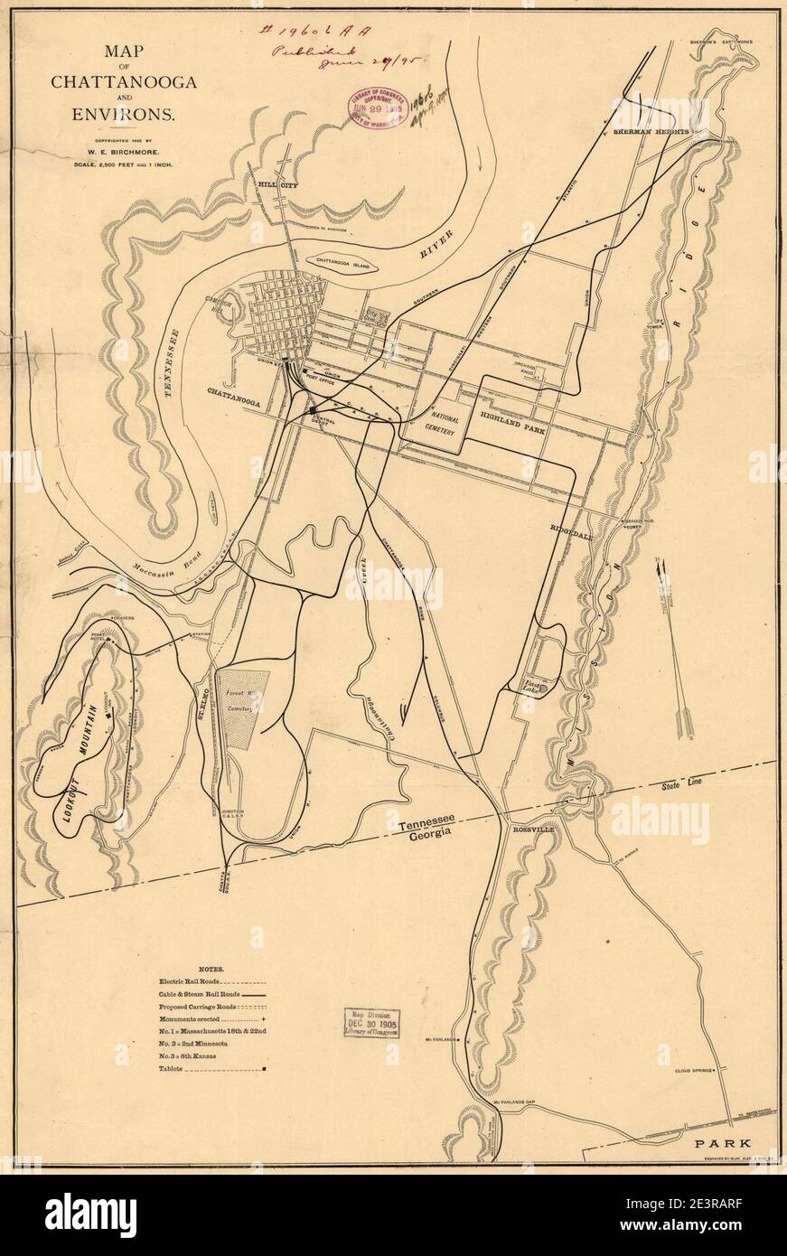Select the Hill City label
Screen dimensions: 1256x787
277,184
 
